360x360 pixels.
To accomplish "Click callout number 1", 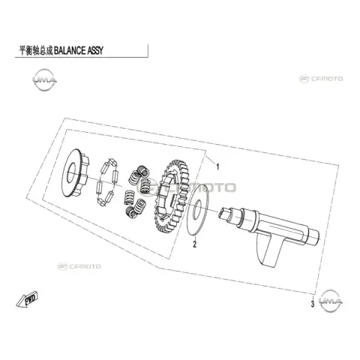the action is click(217, 166).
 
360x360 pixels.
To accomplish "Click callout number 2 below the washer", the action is click(195, 244).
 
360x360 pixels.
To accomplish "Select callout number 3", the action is click(313, 304).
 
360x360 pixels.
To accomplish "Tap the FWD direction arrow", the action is click(27, 299).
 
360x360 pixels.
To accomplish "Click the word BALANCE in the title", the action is click(70, 50).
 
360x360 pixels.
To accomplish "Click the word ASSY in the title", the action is click(95, 50).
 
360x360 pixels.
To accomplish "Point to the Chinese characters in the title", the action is click(36, 50).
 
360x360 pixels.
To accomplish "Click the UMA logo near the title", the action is click(44, 80).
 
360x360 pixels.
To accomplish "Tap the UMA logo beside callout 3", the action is click(331, 301).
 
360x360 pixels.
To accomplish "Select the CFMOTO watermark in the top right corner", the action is click(321, 79).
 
